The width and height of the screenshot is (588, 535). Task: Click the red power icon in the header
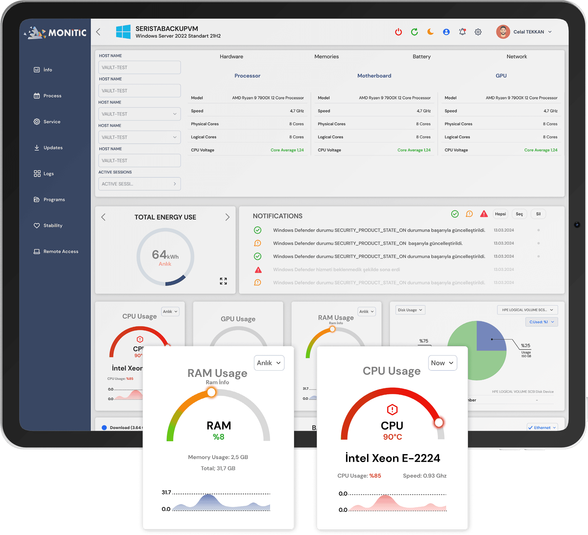pyautogui.click(x=398, y=32)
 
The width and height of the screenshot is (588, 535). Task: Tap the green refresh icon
pyautogui.click(x=414, y=32)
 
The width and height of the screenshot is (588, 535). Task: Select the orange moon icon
pyautogui.click(x=430, y=32)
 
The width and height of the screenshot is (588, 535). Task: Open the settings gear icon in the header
pyautogui.click(x=478, y=32)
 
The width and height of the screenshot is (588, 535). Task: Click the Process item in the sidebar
pyautogui.click(x=52, y=96)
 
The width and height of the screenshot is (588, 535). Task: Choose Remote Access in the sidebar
pyautogui.click(x=61, y=252)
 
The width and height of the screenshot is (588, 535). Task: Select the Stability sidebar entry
pyautogui.click(x=53, y=226)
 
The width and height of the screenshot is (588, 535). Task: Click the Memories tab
pyautogui.click(x=326, y=57)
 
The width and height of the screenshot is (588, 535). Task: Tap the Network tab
pyautogui.click(x=517, y=57)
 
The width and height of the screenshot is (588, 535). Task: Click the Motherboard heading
pyautogui.click(x=374, y=76)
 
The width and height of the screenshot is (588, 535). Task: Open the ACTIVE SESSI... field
pyautogui.click(x=139, y=184)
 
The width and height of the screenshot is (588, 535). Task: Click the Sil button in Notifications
pyautogui.click(x=538, y=214)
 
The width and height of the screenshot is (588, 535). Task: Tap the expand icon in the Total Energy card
pyautogui.click(x=223, y=281)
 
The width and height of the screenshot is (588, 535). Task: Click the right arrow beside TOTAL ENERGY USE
pyautogui.click(x=227, y=217)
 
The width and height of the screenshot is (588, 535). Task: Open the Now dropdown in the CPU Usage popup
pyautogui.click(x=442, y=363)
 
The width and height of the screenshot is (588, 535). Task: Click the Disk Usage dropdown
pyautogui.click(x=410, y=310)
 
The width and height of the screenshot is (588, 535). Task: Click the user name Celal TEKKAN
pyautogui.click(x=529, y=32)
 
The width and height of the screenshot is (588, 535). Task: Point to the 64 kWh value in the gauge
pyautogui.click(x=165, y=255)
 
